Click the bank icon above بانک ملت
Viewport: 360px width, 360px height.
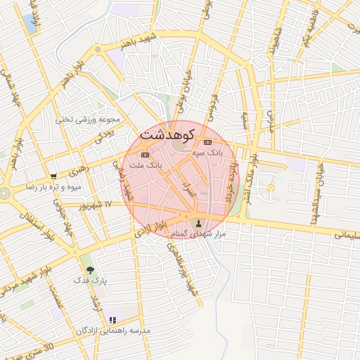click(145, 155)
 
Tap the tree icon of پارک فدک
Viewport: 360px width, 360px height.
click(89, 269)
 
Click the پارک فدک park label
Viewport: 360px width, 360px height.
click(90, 281)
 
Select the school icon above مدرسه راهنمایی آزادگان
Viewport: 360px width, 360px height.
click(112, 320)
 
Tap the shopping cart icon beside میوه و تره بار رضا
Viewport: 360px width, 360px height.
click(54, 176)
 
